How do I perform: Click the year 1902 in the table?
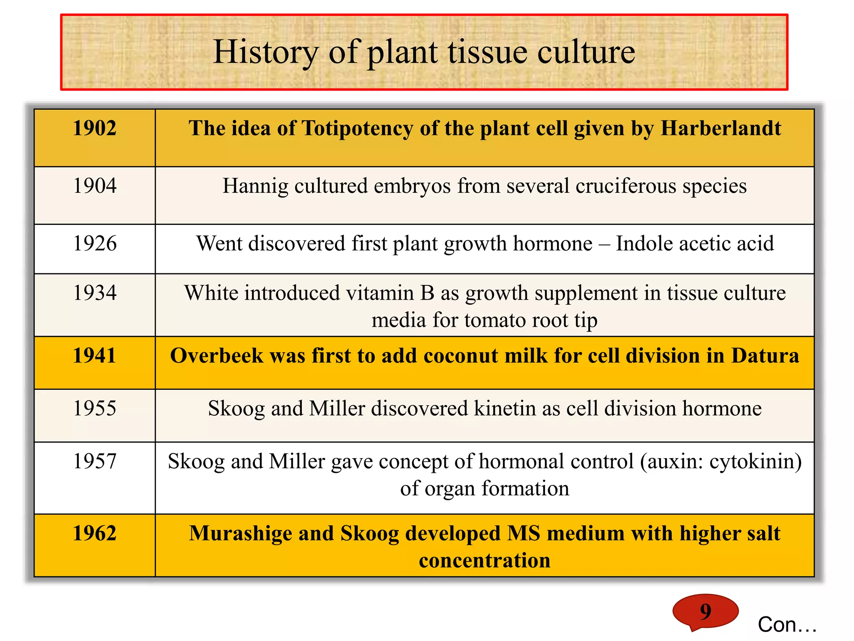pyautogui.click(x=95, y=128)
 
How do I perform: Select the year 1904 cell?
pyautogui.click(x=95, y=186)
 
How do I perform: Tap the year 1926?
pyautogui.click(x=95, y=243)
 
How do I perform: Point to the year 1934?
pyautogui.click(x=95, y=293)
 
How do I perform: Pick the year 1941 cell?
pyautogui.click(x=95, y=356)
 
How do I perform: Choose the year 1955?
pyautogui.click(x=95, y=408)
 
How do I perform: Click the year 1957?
pyautogui.click(x=95, y=462)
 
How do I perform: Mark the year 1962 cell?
pyautogui.click(x=95, y=533)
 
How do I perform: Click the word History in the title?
pyautogui.click(x=266, y=52)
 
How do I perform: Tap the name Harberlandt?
pyautogui.click(x=721, y=128)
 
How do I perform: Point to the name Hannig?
pyautogui.click(x=255, y=186)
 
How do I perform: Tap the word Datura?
pyautogui.click(x=765, y=356)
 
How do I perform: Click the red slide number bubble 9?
pyautogui.click(x=705, y=611)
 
